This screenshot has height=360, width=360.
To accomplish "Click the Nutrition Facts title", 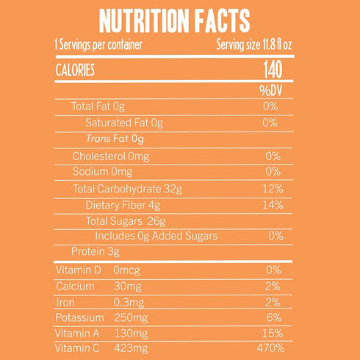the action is coord(175,21).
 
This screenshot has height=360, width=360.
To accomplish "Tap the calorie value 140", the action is coord(273,70).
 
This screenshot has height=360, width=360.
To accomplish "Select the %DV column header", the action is coord(271,90).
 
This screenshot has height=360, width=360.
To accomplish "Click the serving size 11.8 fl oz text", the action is coord(254,45).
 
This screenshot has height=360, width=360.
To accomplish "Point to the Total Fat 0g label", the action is coord(98,107).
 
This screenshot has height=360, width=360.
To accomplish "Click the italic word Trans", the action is coord(98,139).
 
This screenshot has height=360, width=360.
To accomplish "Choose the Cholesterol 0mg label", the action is coord(111,156).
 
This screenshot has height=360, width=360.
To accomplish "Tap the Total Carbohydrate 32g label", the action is coord(127,189).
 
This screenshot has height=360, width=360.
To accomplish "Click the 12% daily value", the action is coord(273,189).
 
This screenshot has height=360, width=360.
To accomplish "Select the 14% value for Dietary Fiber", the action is coord(273,205).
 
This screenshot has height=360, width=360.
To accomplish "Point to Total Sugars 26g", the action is coord(126,221).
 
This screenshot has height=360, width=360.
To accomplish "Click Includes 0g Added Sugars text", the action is coord(156,236).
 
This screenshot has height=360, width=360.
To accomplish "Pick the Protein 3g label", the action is coord(96,252).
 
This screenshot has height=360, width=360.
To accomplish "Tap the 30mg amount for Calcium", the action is coord(128,287).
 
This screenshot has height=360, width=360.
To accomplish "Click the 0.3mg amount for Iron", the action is coord(129,303).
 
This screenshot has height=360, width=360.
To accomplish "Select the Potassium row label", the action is coord(79,317).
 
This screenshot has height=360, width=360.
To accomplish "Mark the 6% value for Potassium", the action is coord(274,317).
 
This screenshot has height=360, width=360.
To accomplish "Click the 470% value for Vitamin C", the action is coord(270,348).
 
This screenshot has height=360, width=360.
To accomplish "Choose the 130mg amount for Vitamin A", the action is coord(131,334).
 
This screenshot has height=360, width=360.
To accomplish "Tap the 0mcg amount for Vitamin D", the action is coord(126,270).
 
